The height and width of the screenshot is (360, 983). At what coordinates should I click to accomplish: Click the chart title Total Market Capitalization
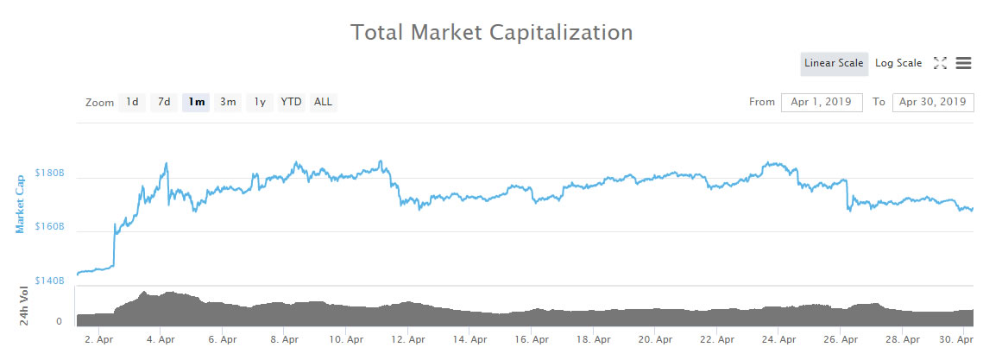[x=491, y=33]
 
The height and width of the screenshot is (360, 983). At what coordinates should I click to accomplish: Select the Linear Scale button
[x=833, y=63]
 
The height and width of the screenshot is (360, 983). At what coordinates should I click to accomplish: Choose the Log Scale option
[x=898, y=63]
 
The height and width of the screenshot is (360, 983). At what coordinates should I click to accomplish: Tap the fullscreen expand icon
[x=940, y=63]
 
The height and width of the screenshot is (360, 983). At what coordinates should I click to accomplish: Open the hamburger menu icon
[x=963, y=63]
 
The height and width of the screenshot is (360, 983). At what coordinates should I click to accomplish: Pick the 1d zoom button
[x=132, y=102]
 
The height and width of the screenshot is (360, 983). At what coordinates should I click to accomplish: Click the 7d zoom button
[x=164, y=102]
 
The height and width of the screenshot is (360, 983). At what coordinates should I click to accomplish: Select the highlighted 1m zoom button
[x=196, y=102]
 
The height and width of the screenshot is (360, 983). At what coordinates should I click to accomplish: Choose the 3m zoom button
[x=228, y=102]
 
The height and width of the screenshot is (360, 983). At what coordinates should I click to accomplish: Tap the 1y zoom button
[x=259, y=102]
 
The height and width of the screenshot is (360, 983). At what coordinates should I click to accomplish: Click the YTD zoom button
[x=291, y=102]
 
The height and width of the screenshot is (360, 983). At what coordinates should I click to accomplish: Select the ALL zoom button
[x=323, y=102]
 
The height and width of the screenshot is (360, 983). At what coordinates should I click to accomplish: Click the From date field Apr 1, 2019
[x=821, y=102]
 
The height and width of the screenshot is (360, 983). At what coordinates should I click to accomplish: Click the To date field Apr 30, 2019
[x=932, y=102]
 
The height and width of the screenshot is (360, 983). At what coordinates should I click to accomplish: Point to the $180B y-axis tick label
[x=49, y=173]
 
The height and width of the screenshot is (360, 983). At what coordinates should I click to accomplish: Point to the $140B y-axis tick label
[x=49, y=281]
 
